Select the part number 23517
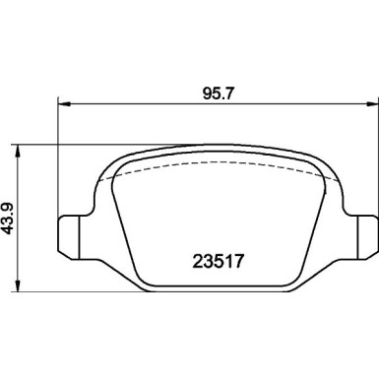[x=219, y=263]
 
